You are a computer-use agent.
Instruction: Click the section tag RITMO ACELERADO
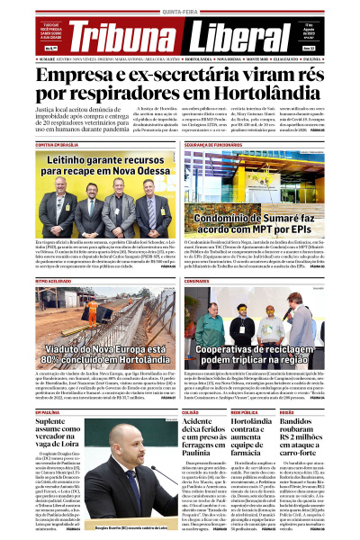point(52,282)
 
